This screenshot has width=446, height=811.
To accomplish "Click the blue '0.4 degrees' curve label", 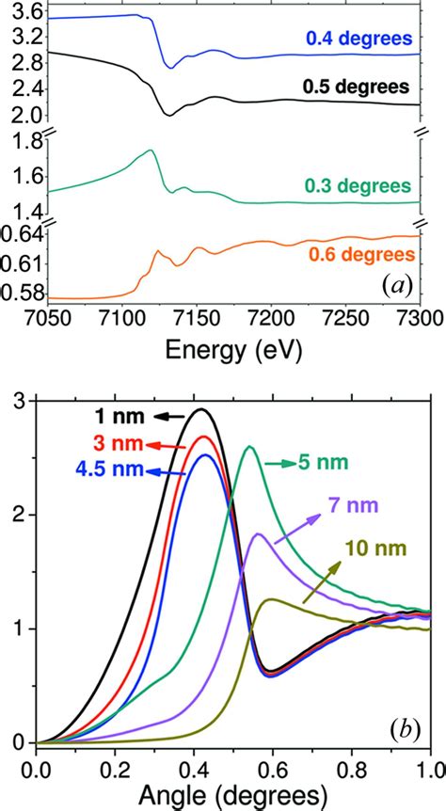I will (359, 39).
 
